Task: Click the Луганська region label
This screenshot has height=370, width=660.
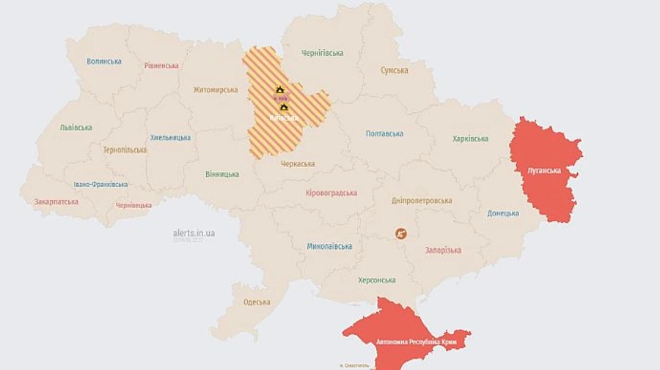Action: [543, 171]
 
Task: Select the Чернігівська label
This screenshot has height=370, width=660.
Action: [322, 53]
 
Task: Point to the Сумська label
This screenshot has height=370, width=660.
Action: [395, 70]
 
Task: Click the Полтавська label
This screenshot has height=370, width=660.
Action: [384, 133]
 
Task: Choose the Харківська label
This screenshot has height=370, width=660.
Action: [470, 138]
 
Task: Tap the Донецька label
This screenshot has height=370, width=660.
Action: [503, 213]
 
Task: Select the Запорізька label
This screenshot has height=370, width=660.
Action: [443, 250]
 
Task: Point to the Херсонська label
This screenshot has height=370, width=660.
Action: [377, 280]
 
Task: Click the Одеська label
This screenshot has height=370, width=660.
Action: [257, 302]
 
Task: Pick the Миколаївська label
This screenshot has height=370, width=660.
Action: [329, 246]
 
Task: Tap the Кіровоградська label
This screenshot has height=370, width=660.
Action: [331, 193]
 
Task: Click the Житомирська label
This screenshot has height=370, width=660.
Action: [216, 89]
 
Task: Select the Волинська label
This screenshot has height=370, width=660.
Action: [104, 62]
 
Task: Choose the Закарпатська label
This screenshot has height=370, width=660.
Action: [56, 201]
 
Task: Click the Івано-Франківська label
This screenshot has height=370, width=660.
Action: [100, 185]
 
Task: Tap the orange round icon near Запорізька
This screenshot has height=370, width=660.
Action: [401, 234]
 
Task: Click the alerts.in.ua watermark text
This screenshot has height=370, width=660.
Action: [194, 233]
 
